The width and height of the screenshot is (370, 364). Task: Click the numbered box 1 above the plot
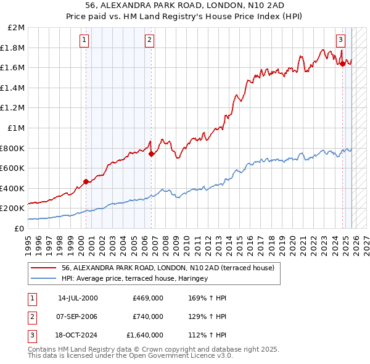tap(84, 40)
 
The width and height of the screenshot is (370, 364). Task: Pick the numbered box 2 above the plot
tap(149, 40)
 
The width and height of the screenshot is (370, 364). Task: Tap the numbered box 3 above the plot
tap(340, 40)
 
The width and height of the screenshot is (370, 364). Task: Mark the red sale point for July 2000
tap(86, 181)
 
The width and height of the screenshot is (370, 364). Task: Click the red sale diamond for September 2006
tap(151, 154)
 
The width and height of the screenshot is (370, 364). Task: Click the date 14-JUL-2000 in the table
tap(77, 299)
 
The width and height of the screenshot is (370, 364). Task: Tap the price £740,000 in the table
tap(148, 316)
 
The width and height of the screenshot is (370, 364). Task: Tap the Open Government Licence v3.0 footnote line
tap(130, 355)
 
